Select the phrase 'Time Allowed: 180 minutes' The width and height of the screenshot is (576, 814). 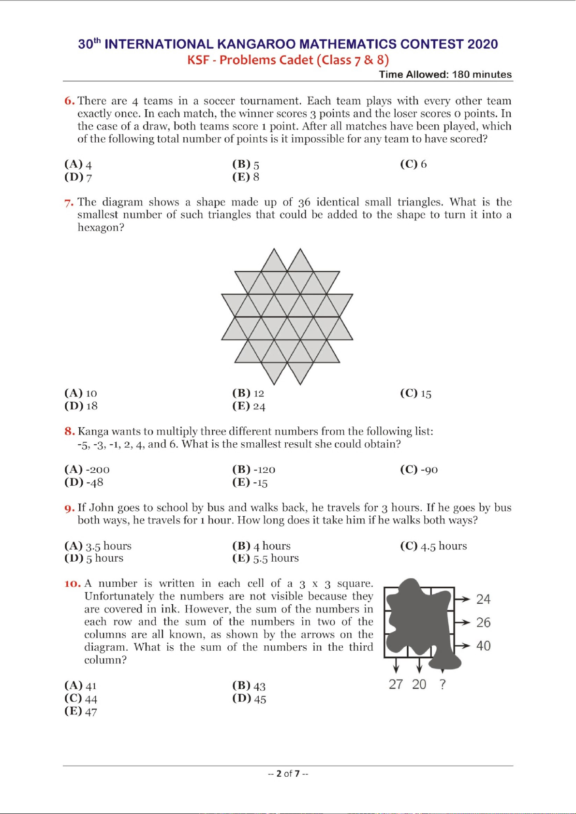[445, 74]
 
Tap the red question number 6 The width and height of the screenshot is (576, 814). [69, 101]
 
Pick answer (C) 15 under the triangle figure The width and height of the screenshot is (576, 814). [415, 393]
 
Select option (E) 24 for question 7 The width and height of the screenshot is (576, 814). [249, 406]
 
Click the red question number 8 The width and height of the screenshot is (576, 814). [69, 431]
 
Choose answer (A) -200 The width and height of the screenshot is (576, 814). [87, 469]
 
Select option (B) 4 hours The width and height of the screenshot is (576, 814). [261, 546]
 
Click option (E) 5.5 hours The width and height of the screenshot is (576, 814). [266, 558]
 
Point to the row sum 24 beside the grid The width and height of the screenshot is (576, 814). [483, 599]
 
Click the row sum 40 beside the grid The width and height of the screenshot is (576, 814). [483, 646]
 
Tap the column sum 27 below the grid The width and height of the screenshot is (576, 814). [396, 684]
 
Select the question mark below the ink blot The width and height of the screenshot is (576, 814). [442, 684]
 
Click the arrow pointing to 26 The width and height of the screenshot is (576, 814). [462, 623]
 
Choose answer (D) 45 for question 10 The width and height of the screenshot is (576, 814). [249, 698]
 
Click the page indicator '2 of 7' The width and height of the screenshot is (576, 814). [288, 774]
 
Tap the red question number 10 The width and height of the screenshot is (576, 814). [72, 584]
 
